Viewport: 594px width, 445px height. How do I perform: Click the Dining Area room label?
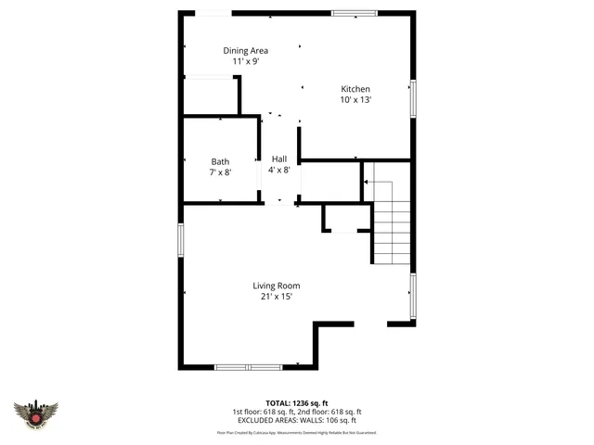(245, 50)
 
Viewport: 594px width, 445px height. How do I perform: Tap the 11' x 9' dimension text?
(245, 61)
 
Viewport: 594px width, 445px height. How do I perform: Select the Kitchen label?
(355, 89)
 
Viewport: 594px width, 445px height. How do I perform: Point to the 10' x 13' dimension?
(355, 100)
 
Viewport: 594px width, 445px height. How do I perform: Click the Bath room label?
(220, 161)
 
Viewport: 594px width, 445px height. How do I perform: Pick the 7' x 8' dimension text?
(220, 172)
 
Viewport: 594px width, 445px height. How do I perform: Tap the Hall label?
(279, 159)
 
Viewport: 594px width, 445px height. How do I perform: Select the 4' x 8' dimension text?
(279, 170)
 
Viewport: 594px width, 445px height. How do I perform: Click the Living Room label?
(277, 286)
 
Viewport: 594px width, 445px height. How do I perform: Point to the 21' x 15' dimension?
(277, 297)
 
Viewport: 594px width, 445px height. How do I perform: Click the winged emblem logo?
(36, 413)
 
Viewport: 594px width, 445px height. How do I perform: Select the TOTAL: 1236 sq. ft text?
(297, 401)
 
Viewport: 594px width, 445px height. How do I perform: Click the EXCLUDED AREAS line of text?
(297, 420)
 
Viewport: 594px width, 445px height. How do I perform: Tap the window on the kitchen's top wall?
(355, 13)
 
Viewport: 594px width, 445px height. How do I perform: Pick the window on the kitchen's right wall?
(413, 97)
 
